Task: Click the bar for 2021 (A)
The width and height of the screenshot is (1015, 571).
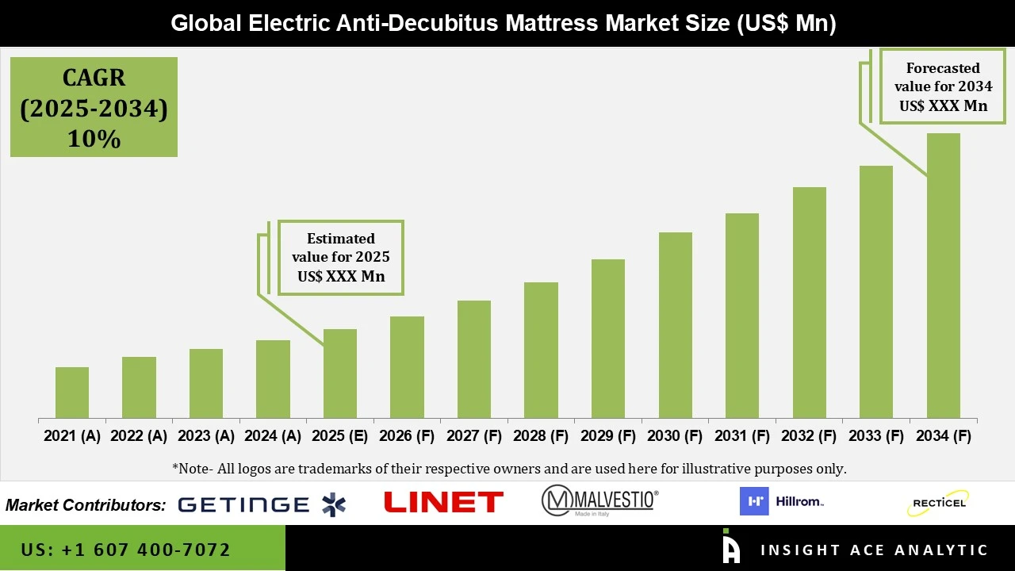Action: coord(72,393)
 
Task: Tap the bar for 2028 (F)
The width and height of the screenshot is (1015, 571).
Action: coord(541,351)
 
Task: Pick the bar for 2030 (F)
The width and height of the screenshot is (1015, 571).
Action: coord(675,325)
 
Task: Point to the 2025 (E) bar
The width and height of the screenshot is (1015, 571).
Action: coord(339,374)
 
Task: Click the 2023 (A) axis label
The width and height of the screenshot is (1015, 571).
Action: coord(205,436)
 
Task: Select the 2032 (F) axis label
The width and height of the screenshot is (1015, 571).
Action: coord(809,436)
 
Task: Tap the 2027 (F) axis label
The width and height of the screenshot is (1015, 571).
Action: coord(473,436)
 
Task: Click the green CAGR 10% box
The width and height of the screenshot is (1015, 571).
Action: coord(94,107)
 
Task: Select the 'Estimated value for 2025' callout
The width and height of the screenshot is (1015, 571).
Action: coord(341,258)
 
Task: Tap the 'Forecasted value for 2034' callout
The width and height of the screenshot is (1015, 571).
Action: coord(943,86)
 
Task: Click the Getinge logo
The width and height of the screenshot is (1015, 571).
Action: coord(262,504)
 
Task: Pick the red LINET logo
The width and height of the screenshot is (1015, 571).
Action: coord(443,502)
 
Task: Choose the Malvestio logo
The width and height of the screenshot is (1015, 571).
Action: coord(599,501)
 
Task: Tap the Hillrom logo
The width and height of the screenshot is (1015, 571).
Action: coord(782,501)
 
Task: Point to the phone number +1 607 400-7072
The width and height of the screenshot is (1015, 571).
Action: coord(126,550)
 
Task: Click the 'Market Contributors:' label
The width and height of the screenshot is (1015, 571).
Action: coord(86,504)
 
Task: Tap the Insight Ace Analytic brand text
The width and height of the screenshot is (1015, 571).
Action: coord(874,550)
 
